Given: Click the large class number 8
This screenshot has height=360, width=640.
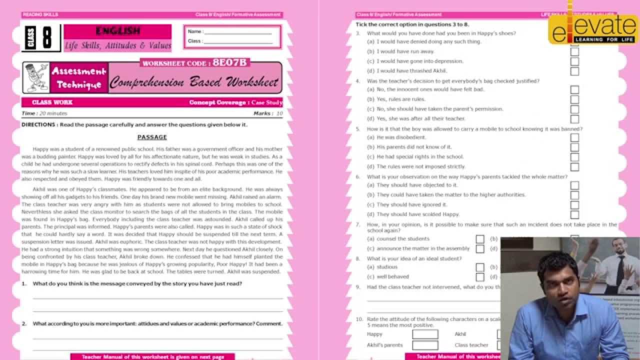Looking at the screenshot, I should [46, 38].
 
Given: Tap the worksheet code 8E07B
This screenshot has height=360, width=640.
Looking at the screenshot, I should [229, 63].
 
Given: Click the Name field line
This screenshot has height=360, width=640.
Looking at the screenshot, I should [237, 33].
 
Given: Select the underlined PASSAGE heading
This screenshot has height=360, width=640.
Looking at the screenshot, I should [152, 137].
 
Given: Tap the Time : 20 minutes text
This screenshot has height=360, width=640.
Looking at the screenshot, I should [44, 113].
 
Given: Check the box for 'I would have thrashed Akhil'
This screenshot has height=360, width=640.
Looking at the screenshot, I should [574, 71].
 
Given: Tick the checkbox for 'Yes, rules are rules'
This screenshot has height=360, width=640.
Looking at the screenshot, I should [574, 99].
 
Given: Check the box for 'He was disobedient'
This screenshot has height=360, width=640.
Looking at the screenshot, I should [574, 137].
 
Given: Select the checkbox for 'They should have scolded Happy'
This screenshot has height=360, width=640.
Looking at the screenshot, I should [574, 214].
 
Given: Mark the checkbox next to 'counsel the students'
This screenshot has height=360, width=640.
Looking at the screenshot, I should [480, 239].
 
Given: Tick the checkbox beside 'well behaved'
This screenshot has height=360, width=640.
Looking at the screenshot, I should [480, 277].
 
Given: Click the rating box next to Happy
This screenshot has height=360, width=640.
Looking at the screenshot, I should [425, 334].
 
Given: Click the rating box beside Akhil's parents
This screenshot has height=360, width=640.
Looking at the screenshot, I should [425, 345].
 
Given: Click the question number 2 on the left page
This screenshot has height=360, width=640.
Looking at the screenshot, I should [24, 323].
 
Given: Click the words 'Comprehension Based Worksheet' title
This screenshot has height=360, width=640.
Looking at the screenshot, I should [194, 82].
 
